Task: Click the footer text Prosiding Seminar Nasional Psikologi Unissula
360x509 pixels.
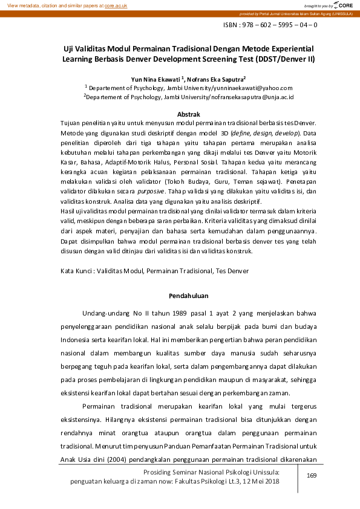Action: [x=209, y=471]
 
